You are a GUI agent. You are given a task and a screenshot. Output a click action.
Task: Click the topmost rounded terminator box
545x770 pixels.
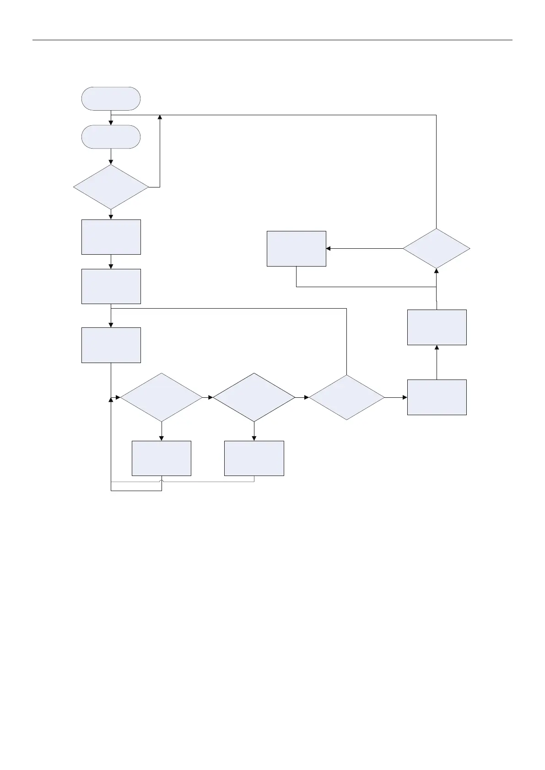111,98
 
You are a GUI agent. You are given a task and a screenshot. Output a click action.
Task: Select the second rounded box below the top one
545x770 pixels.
111,137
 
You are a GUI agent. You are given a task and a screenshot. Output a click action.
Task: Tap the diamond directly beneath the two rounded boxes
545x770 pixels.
111,187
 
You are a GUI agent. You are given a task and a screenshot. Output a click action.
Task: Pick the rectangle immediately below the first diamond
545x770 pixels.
111,237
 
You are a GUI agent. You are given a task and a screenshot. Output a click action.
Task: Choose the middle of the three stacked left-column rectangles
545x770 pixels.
111,286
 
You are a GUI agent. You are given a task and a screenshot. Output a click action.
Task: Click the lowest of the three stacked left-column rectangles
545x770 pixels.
111,345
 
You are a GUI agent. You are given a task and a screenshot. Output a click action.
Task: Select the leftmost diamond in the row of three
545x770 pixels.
161,397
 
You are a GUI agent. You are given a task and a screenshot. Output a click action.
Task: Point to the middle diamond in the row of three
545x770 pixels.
254,397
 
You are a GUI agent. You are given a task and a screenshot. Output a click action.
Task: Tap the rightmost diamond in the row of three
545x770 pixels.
347,397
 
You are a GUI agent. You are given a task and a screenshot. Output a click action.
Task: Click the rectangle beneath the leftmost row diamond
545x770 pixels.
161,458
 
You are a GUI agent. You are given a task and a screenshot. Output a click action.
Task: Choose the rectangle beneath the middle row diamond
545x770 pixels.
254,458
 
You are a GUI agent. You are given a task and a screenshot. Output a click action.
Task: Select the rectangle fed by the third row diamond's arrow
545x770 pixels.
437,397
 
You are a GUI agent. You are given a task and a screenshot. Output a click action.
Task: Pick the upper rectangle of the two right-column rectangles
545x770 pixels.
437,327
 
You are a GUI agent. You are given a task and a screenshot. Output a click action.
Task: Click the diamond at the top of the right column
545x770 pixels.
436,248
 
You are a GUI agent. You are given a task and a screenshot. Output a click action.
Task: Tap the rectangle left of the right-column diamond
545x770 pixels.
296,248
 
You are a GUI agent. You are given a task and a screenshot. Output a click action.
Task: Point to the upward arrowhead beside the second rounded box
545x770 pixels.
160,118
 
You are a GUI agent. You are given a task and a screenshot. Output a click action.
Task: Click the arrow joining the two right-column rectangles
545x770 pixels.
437,362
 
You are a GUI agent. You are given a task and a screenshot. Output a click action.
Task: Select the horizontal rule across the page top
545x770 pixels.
272,40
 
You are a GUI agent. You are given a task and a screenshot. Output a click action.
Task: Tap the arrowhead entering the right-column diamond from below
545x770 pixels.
436,271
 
